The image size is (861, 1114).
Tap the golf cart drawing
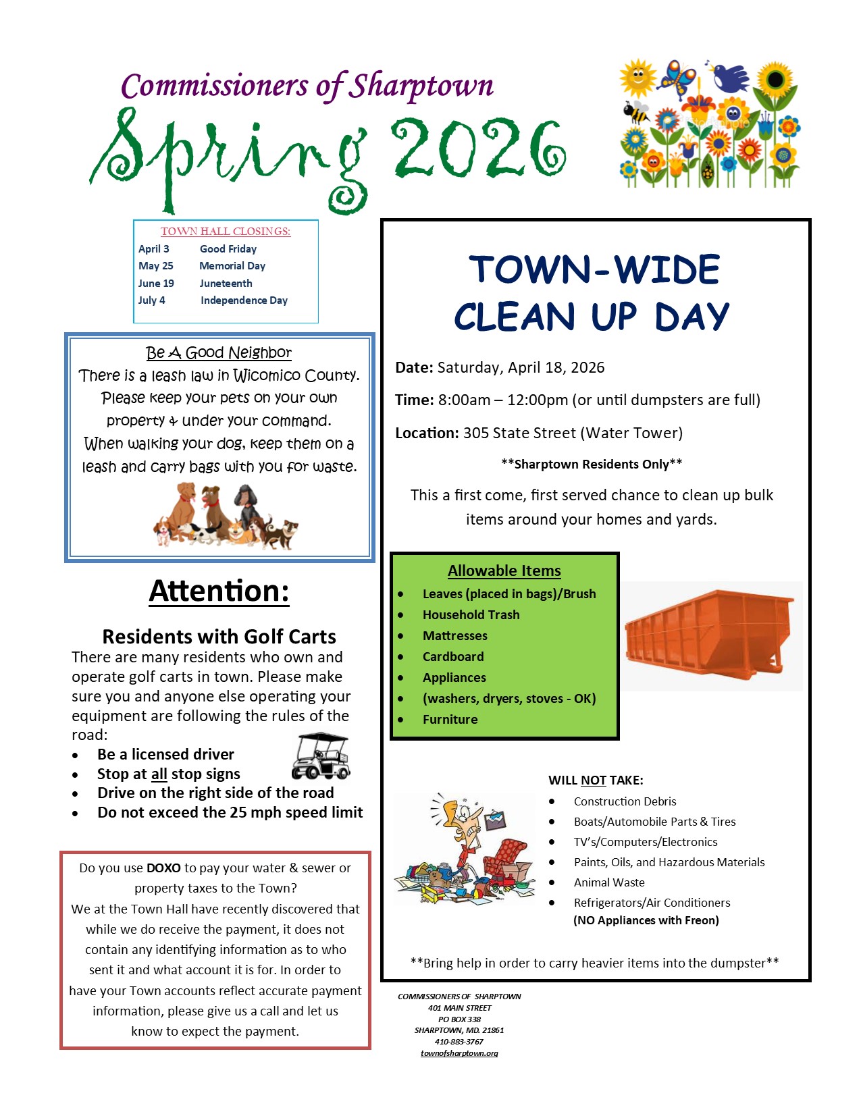321,756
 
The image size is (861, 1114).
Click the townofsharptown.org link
459,1053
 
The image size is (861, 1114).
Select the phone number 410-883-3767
459,1042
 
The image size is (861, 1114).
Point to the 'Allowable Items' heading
504,571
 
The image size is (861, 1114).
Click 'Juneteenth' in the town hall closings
226,284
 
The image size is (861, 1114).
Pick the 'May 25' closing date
156,266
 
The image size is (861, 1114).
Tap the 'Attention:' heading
219,591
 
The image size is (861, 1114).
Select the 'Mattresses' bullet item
454,636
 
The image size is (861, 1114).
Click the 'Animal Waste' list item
609,882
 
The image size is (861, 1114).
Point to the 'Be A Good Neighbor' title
219,352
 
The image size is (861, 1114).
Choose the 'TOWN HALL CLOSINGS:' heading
226,232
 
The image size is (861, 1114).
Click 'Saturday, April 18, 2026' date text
521,368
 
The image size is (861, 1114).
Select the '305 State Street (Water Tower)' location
573,433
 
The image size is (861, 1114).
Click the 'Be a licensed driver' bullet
165,754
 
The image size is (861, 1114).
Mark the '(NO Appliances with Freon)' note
646,920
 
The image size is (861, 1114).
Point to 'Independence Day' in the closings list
244,300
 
